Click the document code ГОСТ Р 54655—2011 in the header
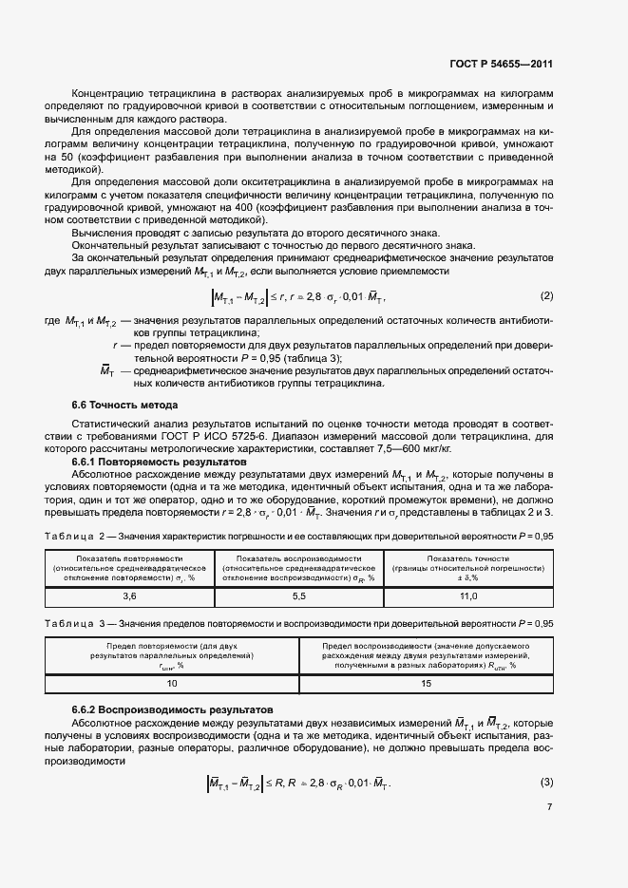(500, 65)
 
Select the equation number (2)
(546, 295)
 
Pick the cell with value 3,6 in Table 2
(130, 596)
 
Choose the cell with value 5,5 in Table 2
(299, 596)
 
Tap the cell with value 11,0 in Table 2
(468, 596)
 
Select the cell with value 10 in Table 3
(172, 683)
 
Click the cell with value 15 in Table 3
(426, 683)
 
